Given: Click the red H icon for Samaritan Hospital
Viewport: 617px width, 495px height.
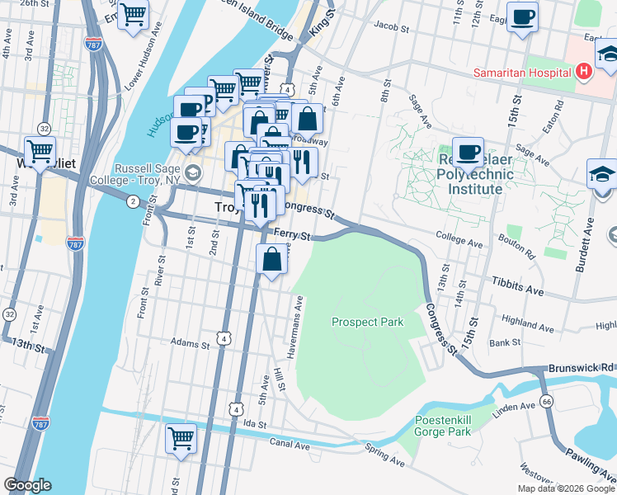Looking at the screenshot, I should [x=584, y=72].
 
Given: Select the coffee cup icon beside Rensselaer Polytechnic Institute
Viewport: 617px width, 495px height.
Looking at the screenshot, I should [x=468, y=152].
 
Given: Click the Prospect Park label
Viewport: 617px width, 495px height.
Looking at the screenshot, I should [x=367, y=322].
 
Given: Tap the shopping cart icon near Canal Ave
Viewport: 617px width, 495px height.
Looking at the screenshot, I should [x=181, y=438].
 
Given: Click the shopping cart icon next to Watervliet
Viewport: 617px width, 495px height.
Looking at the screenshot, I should [x=40, y=151].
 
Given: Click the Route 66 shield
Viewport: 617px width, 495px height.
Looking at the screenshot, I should [x=546, y=401].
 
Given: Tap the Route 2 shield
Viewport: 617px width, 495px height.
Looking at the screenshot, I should [x=132, y=201].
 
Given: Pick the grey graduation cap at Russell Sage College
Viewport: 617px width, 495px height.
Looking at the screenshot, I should [x=193, y=172].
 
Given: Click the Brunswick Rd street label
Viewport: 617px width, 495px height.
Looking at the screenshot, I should [x=582, y=366].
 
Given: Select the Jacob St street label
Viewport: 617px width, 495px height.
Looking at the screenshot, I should [x=391, y=27].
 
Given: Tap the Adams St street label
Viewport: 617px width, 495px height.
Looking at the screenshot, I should [x=189, y=342].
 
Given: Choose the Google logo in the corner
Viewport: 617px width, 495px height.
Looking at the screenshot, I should [x=27, y=485].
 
